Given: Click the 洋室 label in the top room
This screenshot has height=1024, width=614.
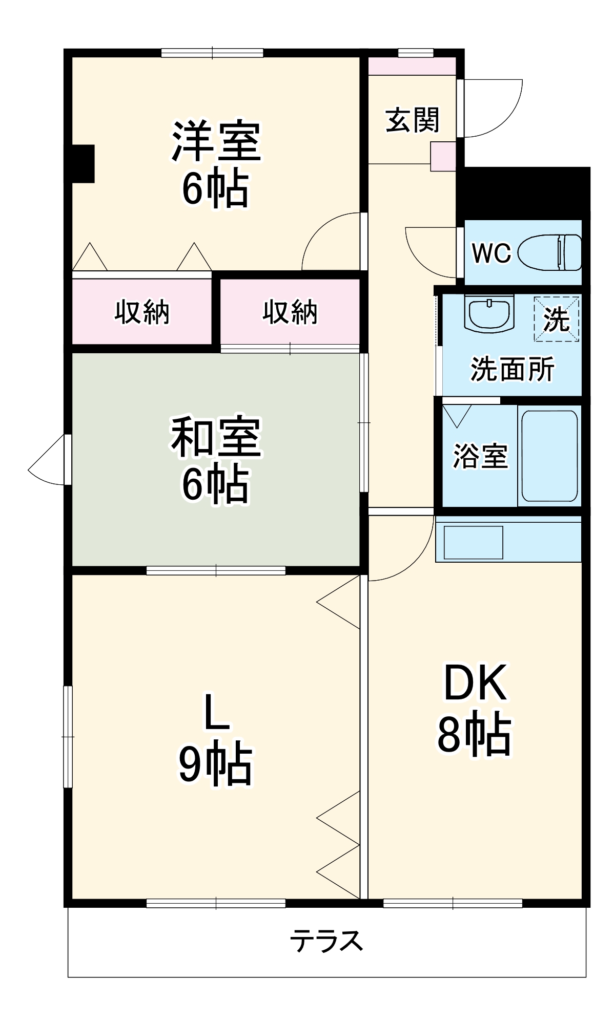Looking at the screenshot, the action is tap(216, 141).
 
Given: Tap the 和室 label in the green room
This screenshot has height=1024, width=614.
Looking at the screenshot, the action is tap(216, 438).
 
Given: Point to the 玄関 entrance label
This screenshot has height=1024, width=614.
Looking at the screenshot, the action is tap(413, 120).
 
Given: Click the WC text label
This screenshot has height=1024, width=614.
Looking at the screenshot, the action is tap(492, 252).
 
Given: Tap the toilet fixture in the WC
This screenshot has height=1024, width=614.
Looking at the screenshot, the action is tap(550, 252).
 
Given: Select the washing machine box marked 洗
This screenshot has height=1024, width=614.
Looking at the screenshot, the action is tap(557, 319).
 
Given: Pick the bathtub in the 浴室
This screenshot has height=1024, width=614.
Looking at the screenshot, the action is tap(549, 456).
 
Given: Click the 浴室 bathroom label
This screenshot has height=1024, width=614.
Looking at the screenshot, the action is tap(480, 456).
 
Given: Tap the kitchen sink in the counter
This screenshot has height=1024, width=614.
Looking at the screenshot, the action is tap(473, 542).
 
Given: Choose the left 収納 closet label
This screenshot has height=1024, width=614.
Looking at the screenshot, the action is tap(141, 311).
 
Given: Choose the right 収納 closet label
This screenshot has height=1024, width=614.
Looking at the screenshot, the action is tap(290, 311).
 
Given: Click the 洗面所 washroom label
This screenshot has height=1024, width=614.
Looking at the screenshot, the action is tap(513, 369).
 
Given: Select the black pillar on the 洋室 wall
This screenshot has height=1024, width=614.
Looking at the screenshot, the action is tap(83, 163).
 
